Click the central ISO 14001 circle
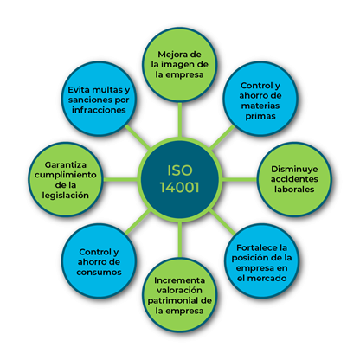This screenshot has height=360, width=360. pos(179,179)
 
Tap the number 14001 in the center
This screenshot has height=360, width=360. pos(179,188)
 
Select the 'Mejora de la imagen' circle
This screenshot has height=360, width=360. pos(179,65)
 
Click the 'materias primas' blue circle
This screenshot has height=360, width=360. pos(260,99)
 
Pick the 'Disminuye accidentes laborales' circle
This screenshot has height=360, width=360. pos(294,179)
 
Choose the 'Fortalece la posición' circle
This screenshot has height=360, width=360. pos(261,261)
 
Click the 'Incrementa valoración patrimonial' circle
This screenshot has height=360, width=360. pos(179,295)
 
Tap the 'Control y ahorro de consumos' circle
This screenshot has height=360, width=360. pos(99,261)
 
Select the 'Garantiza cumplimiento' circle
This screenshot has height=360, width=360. pos(65,179)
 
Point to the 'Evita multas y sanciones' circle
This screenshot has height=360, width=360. pos(99,99)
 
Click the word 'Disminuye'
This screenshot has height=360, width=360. pos(294,170)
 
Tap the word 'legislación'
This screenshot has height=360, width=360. pos(65,196)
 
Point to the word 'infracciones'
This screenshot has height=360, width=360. pos(99,110)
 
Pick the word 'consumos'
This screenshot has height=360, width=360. pos(99,273)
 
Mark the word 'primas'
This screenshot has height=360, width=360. pos(260,116)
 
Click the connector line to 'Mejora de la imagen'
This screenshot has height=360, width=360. pos(180,119)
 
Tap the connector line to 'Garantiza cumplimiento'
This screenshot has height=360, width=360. pos(120,179)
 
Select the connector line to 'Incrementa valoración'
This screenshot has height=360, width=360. pos(180,240)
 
